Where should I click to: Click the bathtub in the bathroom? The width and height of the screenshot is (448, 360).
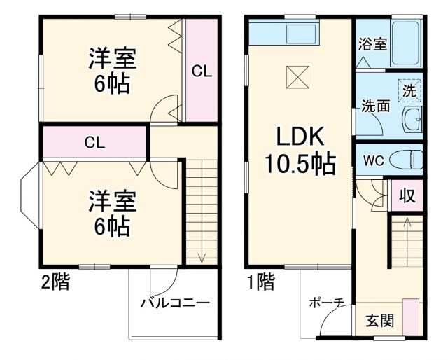(406, 43)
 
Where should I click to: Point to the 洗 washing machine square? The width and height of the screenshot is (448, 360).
(409, 90)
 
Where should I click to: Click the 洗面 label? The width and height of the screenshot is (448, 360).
(375, 107)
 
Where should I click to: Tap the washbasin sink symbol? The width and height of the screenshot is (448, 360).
(412, 120)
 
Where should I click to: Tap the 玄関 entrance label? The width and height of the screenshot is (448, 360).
(380, 321)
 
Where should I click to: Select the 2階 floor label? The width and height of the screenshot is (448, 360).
(54, 283)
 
